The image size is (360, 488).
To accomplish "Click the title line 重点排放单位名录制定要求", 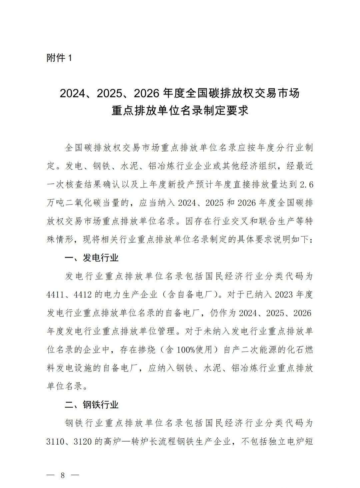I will click(x=180, y=111).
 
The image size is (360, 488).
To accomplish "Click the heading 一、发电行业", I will click(x=92, y=258).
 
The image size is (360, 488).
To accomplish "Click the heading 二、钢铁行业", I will click(x=92, y=405).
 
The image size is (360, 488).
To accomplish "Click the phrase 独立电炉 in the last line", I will click(x=287, y=442).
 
